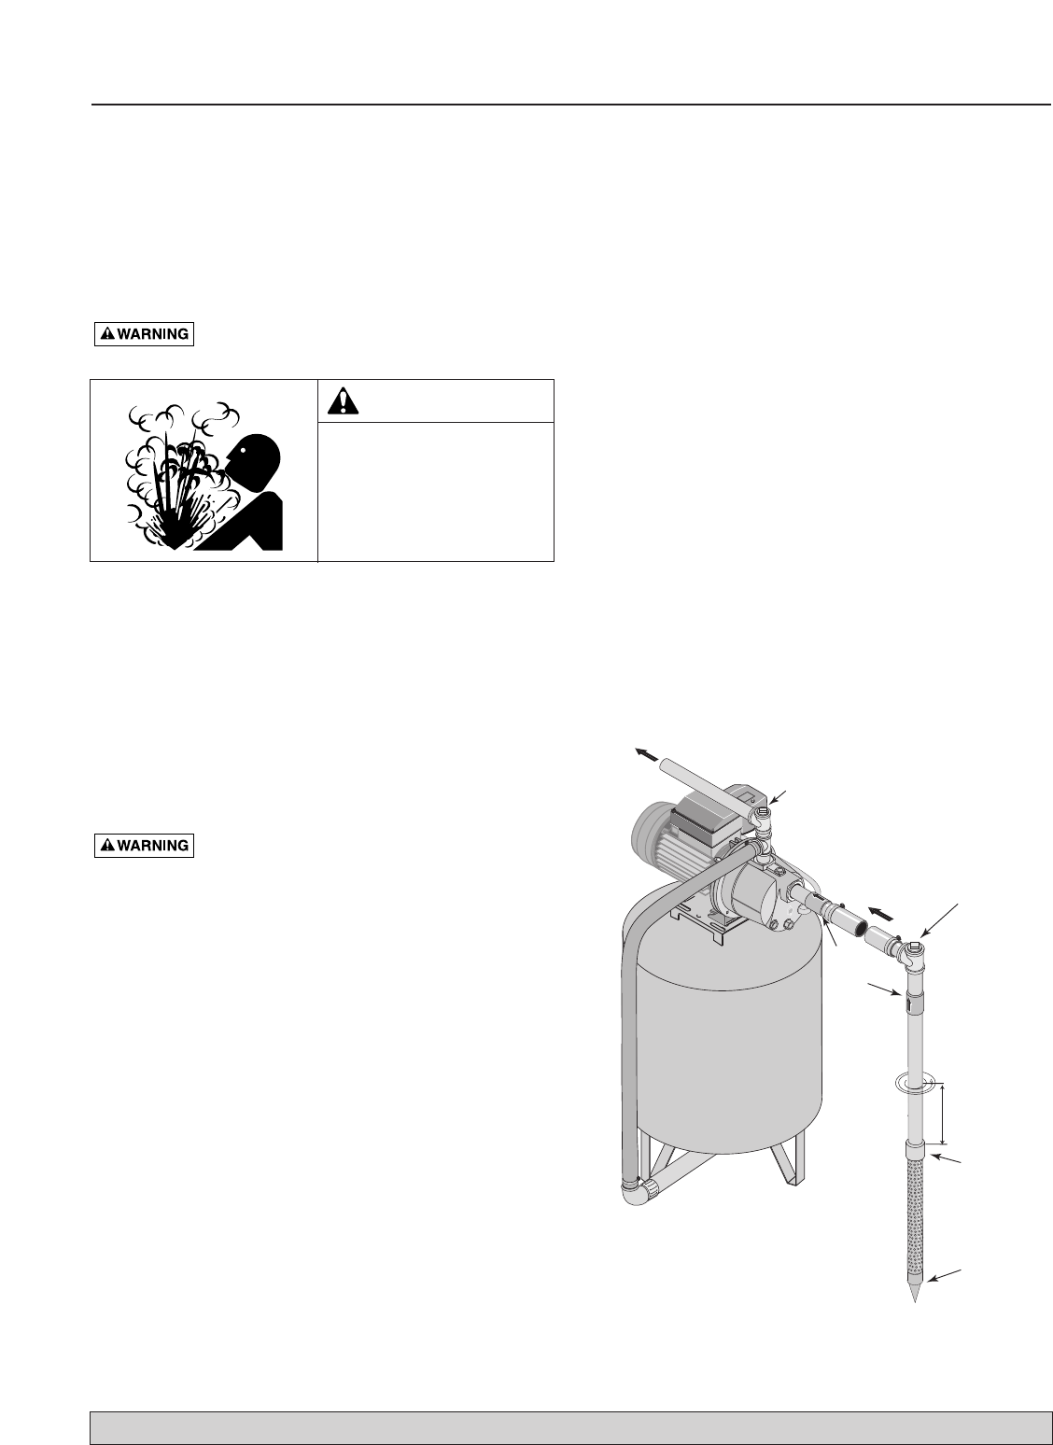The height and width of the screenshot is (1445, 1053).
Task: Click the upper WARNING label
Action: (144, 334)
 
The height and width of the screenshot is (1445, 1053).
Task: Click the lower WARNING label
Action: (144, 846)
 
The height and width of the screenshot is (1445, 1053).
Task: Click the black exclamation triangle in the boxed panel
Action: (344, 401)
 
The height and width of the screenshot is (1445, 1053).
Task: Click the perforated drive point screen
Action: (916, 1214)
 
